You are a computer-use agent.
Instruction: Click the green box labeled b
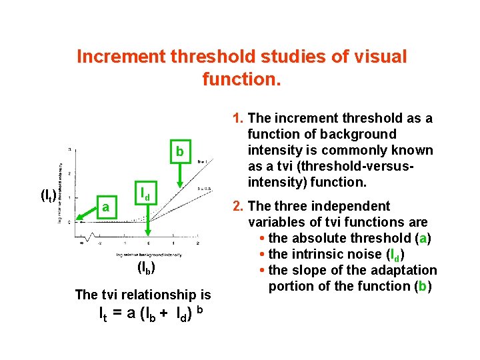point(180,151)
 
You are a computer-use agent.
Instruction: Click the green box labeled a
point(106,207)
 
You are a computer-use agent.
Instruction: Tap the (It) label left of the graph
point(48,195)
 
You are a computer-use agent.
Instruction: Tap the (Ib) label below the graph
point(146,269)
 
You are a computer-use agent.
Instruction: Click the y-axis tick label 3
point(69,149)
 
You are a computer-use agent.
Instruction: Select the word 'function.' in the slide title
point(242,80)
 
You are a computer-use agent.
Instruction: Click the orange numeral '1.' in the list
point(238,119)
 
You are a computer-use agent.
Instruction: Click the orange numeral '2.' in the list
point(238,206)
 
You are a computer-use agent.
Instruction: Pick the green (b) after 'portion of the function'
point(423,286)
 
